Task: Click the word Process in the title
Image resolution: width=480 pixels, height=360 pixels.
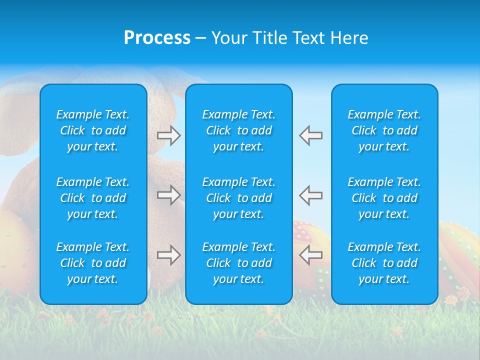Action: [x=157, y=38]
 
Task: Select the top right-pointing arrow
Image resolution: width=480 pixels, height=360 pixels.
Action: [x=168, y=135]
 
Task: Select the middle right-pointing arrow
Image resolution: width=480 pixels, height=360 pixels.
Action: [x=168, y=194]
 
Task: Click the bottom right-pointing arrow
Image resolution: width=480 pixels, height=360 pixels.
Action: [x=168, y=255]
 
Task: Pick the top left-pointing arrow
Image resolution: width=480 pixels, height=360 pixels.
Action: [x=311, y=135]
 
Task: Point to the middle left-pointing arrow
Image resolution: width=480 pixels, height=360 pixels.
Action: [x=311, y=194]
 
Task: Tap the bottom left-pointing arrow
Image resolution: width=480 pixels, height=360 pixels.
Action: [x=311, y=255]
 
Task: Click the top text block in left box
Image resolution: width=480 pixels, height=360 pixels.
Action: [x=93, y=130]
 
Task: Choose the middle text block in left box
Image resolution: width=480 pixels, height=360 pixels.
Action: [x=93, y=198]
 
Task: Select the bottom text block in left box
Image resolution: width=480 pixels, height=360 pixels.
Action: [x=93, y=263]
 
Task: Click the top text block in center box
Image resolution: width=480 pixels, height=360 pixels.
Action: [x=238, y=130]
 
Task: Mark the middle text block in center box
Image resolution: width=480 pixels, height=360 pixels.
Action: [x=238, y=198]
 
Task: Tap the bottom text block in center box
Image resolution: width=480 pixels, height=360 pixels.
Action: [x=238, y=263]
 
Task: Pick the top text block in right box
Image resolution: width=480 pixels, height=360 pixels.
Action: [x=384, y=130]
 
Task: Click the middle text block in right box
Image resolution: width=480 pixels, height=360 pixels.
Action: [x=384, y=198]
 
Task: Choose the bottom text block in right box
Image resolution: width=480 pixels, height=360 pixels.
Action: [x=384, y=263]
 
